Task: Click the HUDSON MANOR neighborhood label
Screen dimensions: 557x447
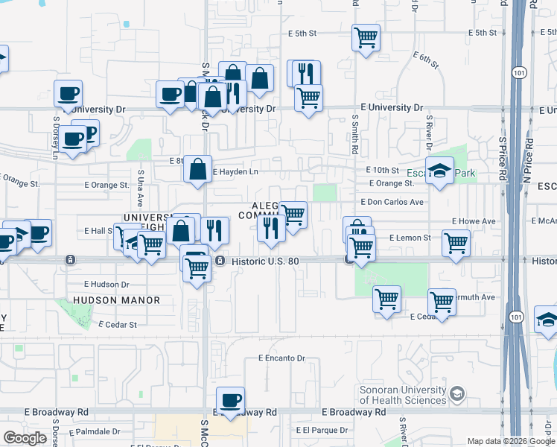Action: point(117,300)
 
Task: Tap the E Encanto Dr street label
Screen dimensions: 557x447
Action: point(282,358)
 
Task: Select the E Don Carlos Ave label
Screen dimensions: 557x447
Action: point(392,202)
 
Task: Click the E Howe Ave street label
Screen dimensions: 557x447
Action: point(475,221)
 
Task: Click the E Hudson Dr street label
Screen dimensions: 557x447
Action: point(106,284)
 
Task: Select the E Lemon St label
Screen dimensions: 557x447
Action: point(410,238)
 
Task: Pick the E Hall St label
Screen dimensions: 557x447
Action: point(98,231)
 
